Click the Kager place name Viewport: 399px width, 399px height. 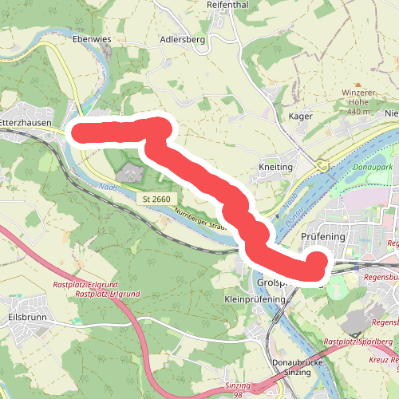coord(299,117)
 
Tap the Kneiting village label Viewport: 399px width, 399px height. coord(277,167)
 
